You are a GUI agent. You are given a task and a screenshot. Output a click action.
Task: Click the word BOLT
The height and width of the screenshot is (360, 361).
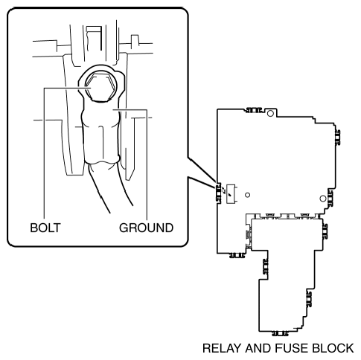coord(45,228)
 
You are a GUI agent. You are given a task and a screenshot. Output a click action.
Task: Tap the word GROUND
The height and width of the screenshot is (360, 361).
coord(146,228)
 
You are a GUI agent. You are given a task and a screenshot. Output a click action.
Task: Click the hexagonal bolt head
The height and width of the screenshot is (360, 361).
coord(100,87)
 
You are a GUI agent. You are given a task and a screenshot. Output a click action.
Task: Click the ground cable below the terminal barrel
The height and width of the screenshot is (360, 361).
coord(110,186)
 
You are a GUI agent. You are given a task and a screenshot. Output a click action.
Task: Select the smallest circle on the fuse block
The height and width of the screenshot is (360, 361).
coord(247,195)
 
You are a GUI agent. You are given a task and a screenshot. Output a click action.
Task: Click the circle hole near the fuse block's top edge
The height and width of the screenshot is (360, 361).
coord(270,114)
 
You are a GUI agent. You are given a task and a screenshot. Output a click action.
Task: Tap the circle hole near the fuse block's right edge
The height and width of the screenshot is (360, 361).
coord(322,199)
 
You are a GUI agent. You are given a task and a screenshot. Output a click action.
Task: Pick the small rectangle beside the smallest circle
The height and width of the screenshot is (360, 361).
coord(231,194)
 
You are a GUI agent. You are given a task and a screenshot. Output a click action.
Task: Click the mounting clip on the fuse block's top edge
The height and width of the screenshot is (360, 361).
coord(254,110)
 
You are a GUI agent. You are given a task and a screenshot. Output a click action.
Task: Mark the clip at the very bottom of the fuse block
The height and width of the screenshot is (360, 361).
coord(281,333)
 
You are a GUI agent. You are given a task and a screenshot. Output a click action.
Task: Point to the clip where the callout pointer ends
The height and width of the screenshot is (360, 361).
coord(218,193)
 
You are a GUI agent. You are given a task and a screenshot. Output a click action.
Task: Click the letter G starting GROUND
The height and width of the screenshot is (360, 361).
coord(124,228)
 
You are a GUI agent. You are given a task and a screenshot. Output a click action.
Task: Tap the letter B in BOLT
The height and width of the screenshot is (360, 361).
coord(33,228)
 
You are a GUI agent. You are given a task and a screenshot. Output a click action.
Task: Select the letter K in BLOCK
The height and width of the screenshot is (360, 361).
coord(349,348)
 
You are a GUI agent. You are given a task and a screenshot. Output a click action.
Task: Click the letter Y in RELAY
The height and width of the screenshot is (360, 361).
coord(237,348)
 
